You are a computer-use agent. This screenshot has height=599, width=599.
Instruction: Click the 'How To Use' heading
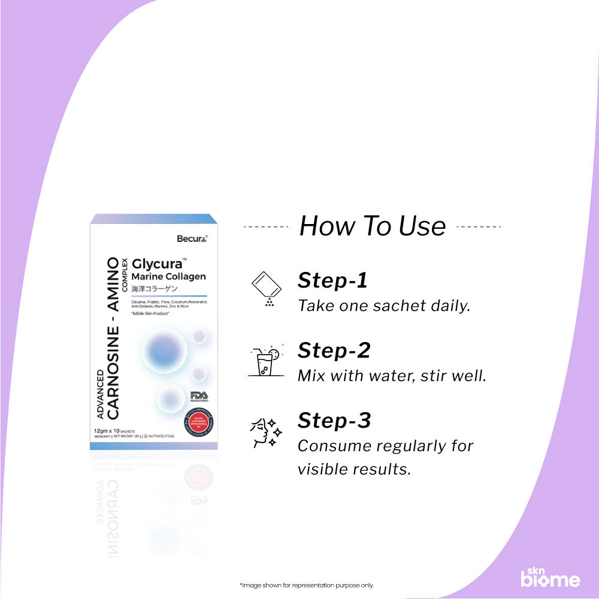coord(372,226)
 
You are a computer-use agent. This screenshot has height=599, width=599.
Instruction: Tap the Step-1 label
coord(332,280)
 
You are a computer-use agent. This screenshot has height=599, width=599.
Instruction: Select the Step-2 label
coord(334,350)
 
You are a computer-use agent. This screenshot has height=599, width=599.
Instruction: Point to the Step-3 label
coord(334,420)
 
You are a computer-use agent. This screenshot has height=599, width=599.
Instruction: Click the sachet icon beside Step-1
coord(265,288)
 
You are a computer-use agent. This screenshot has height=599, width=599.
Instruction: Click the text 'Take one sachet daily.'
coord(384,305)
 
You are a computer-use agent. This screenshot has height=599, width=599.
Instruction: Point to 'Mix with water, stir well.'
coord(392,376)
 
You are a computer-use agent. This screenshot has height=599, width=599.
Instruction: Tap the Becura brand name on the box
coord(192,238)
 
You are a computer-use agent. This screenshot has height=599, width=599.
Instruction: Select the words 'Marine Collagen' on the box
coord(168,276)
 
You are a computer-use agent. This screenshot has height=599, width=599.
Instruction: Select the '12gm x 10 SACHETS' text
coord(114,431)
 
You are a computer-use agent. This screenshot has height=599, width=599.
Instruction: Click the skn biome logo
coord(549,576)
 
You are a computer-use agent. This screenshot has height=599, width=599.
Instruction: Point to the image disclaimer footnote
coord(306,585)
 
